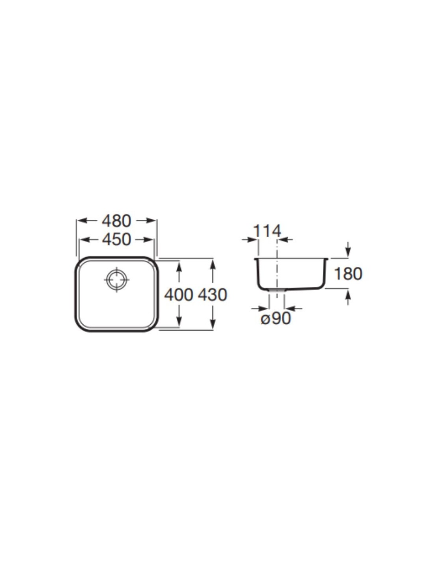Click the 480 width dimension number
click(x=117, y=221)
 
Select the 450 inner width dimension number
click(x=117, y=240)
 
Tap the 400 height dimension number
click(x=179, y=295)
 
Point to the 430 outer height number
click(x=212, y=295)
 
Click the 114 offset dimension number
click(x=268, y=231)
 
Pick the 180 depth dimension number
click(x=348, y=274)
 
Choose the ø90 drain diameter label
click(x=276, y=319)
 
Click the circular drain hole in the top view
click(x=117, y=279)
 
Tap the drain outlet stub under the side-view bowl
click(x=277, y=290)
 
